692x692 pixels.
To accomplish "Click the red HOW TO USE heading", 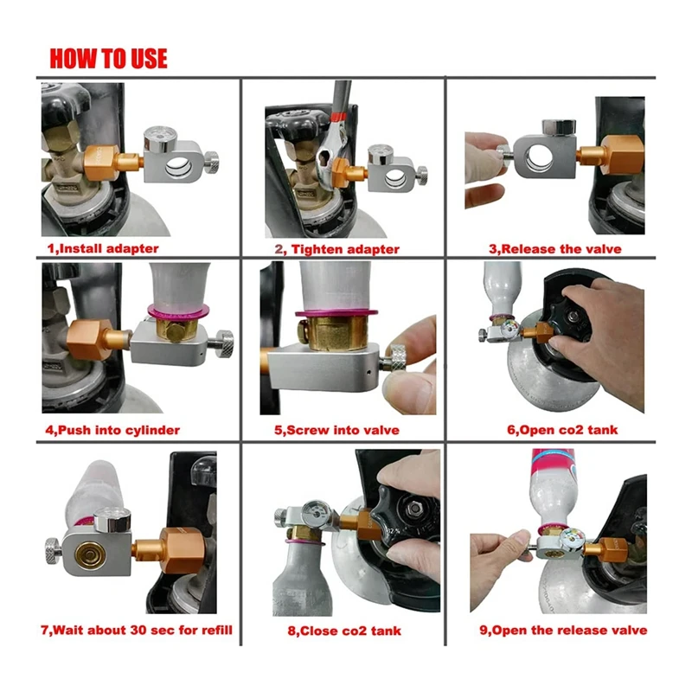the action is pos(109,59).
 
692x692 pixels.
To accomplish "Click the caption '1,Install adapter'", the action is pos(103,248).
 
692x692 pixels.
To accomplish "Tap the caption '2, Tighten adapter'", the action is pos(337,249).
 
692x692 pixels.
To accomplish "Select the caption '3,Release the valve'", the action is pos(554,249).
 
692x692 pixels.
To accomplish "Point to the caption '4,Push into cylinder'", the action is pos(112,430).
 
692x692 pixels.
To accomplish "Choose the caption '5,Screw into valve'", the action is pos(336,430).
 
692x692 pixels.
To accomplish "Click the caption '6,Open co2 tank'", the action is pos(562,429).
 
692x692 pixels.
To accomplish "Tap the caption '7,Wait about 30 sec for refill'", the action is pos(137,630).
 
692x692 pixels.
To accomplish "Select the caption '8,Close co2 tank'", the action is pos(344,631).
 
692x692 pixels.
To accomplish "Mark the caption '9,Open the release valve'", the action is pos(563,630).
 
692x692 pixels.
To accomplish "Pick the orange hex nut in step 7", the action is pos(181,550).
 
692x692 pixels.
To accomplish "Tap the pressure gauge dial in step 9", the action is pos(573,539).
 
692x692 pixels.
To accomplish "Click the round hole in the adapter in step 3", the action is pos(538,159).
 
